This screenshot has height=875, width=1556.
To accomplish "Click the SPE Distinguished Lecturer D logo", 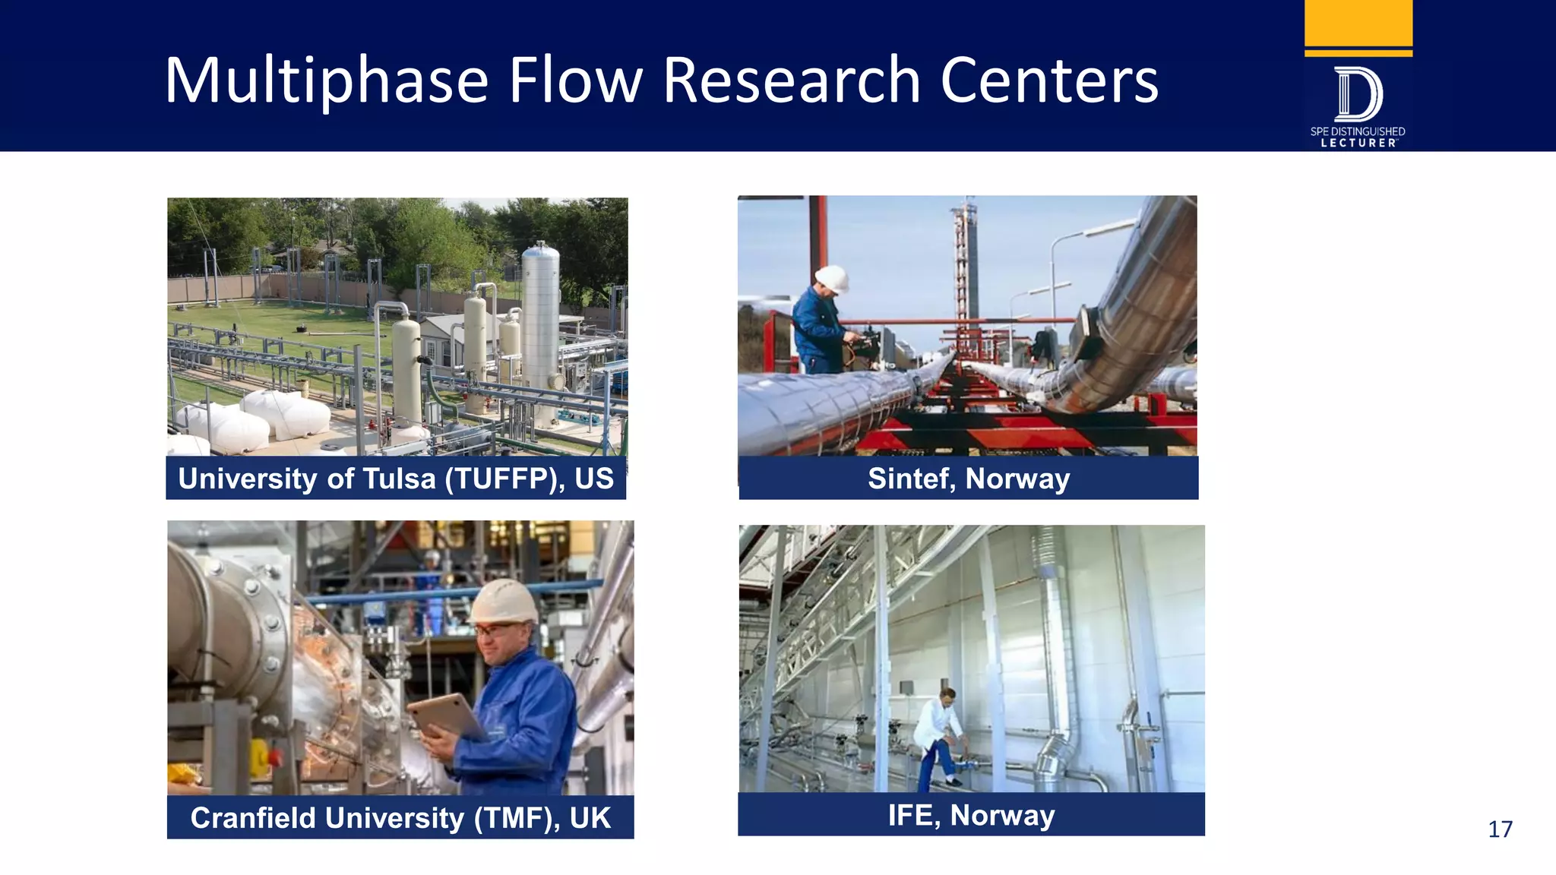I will [1358, 95].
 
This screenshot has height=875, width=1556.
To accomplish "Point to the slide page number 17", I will [1500, 829].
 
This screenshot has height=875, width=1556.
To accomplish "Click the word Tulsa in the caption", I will [399, 479].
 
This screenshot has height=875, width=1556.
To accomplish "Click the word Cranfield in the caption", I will [251, 818].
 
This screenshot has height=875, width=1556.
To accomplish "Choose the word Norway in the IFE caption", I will [1002, 815].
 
